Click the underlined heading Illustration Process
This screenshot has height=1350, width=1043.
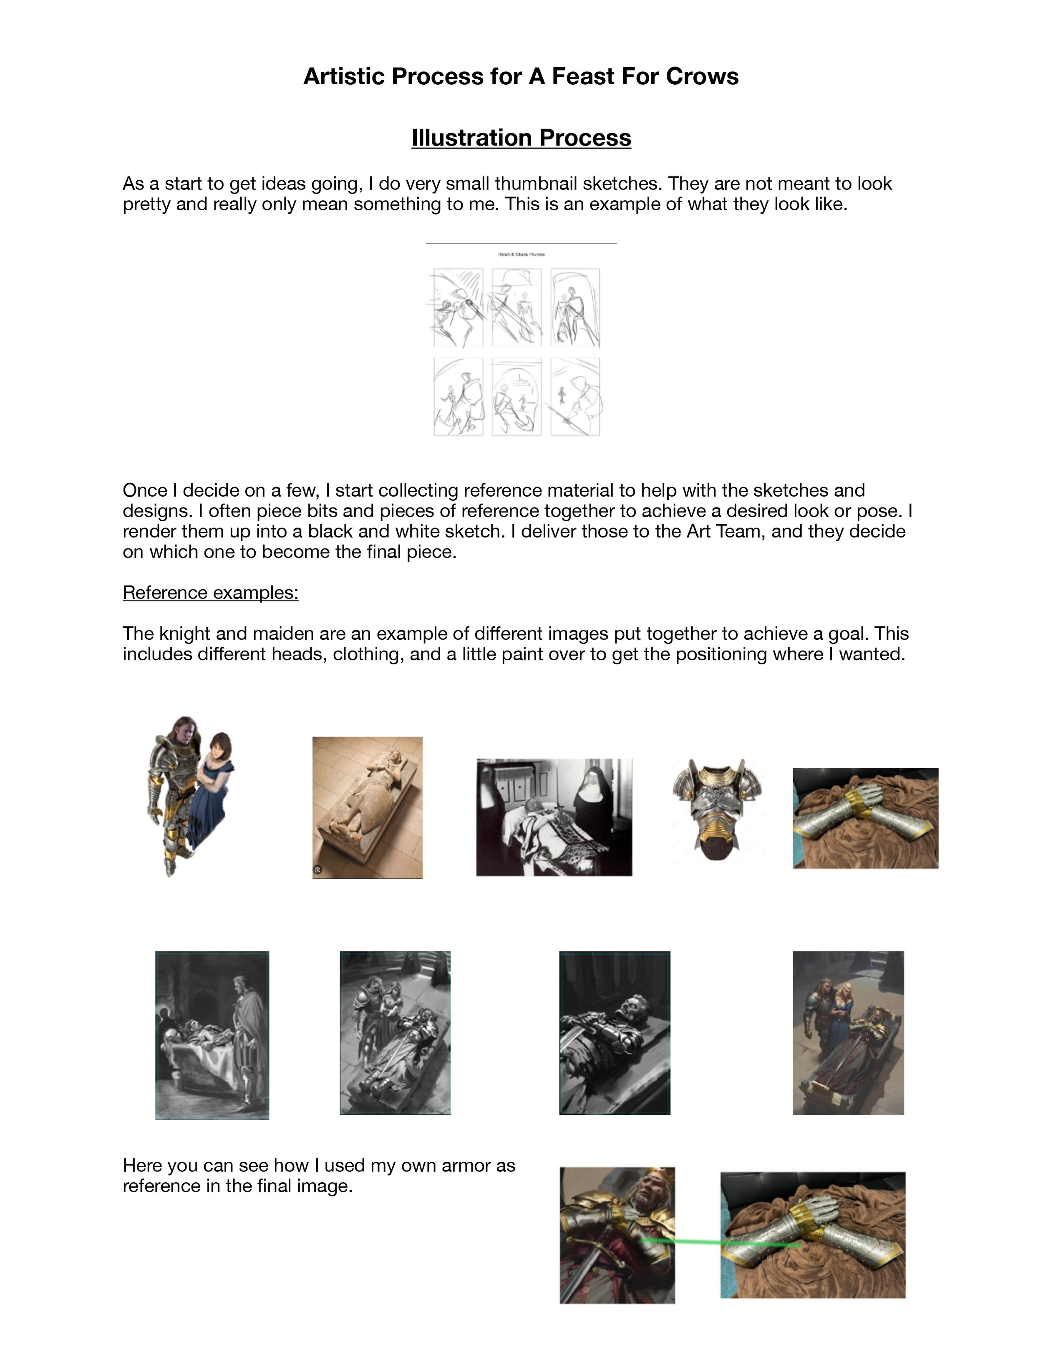coord(521,137)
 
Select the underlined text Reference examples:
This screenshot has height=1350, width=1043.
coord(210,592)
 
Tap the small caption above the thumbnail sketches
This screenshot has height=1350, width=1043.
coord(521,254)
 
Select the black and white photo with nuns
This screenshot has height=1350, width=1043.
coord(554,817)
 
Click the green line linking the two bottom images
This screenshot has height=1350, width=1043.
coord(698,1241)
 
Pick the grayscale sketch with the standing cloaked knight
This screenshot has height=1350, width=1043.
coord(212,1035)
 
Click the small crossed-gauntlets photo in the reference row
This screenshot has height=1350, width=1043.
coord(865,818)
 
